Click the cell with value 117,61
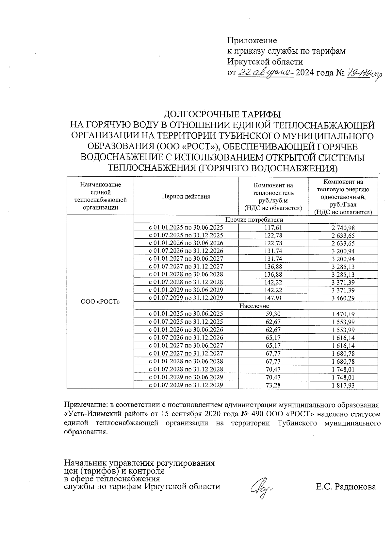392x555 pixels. (273, 228)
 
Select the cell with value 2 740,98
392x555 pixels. (343, 228)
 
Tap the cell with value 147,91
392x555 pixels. (273, 298)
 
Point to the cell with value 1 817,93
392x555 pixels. (343, 385)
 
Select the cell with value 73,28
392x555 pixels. (273, 385)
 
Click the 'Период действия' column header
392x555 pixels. (186, 196)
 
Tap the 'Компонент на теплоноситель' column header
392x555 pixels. (273, 196)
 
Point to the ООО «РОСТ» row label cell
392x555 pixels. (100, 302)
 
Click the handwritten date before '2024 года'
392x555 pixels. (266, 73)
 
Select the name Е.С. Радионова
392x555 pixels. (346, 487)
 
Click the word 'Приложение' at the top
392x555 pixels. (252, 41)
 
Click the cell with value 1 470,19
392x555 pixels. (343, 314)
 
